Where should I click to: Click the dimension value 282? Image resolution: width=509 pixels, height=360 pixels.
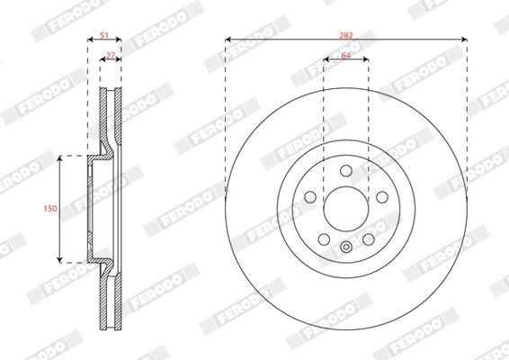coord(345,35)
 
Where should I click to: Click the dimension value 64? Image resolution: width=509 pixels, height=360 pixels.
coord(346,55)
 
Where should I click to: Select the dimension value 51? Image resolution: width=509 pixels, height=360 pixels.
coord(104,35)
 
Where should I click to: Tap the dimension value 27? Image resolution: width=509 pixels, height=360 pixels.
coord(111,55)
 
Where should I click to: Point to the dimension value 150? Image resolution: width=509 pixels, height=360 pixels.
coord(50,208)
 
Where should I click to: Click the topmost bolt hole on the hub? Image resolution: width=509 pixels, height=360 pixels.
coord(346,171)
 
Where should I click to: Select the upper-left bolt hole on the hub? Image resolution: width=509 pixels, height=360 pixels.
coord(310,197)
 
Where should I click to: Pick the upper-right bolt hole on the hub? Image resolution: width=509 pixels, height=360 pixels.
coord(382,197)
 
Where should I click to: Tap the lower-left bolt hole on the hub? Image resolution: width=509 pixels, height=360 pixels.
coord(324,239)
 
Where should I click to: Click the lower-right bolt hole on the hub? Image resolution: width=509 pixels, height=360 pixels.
coord(369,239)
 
